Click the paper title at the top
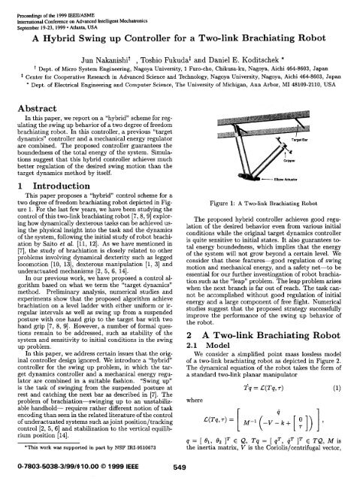[x=180, y=38]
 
